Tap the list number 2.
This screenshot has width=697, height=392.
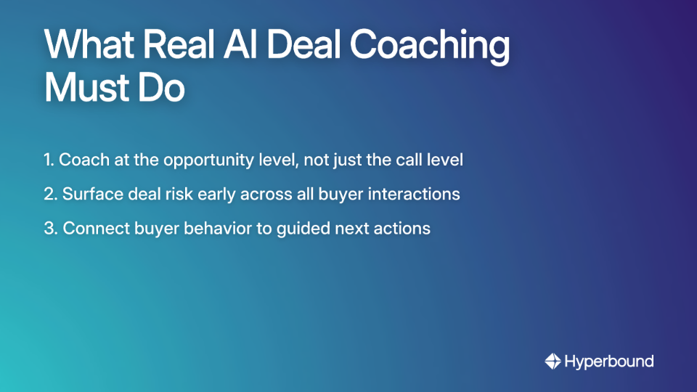[x=49, y=195]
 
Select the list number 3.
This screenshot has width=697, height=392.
[x=49, y=229]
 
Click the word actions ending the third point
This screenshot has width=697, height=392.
[x=404, y=229]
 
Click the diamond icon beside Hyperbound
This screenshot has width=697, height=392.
[x=553, y=361]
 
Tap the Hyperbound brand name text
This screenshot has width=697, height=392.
[x=609, y=361]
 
